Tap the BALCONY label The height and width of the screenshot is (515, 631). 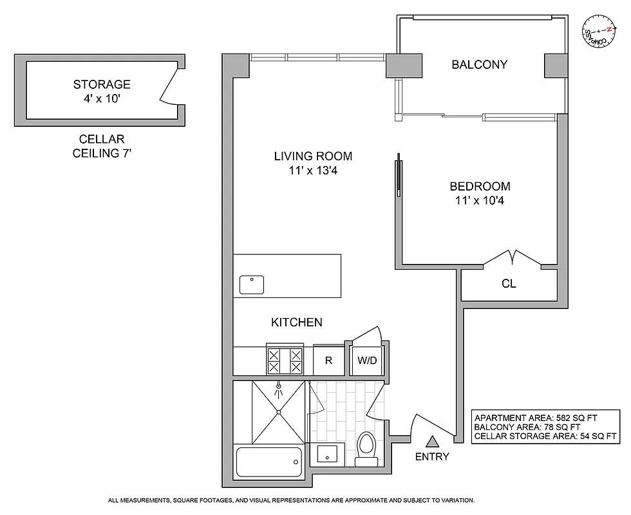(x=479, y=64)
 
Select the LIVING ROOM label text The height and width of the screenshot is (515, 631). (x=313, y=156)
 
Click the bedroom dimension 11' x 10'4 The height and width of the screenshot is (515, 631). (x=480, y=200)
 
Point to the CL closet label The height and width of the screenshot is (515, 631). (x=509, y=283)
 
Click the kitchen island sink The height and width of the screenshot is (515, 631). (x=252, y=285)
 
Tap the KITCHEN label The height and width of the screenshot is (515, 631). (x=296, y=323)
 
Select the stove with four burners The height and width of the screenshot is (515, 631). (x=285, y=361)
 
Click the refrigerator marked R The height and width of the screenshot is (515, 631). (x=328, y=361)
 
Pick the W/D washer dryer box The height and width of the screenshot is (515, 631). (x=367, y=361)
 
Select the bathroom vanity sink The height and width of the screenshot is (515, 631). (x=328, y=454)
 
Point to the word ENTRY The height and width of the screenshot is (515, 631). (x=432, y=457)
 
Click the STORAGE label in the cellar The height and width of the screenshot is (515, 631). (x=102, y=84)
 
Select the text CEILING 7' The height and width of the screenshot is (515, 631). (x=102, y=153)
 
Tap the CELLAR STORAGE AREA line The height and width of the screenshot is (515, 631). (x=545, y=436)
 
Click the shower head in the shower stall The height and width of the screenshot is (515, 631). (x=278, y=389)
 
